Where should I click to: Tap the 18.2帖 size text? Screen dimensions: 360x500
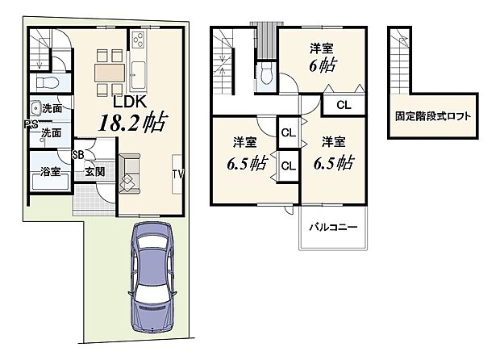[133, 123]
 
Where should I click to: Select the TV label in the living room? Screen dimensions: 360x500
[177, 174]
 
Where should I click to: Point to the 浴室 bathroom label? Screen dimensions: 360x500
[50, 171]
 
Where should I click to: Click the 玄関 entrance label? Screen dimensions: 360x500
[94, 171]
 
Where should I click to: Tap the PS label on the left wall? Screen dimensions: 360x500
[31, 123]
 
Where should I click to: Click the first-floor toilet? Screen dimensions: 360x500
[46, 82]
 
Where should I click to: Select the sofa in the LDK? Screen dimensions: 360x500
[129, 172]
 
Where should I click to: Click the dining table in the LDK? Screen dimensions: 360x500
[110, 71]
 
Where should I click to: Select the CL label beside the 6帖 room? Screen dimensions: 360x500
[344, 105]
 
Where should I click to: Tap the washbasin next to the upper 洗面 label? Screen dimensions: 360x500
[35, 108]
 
